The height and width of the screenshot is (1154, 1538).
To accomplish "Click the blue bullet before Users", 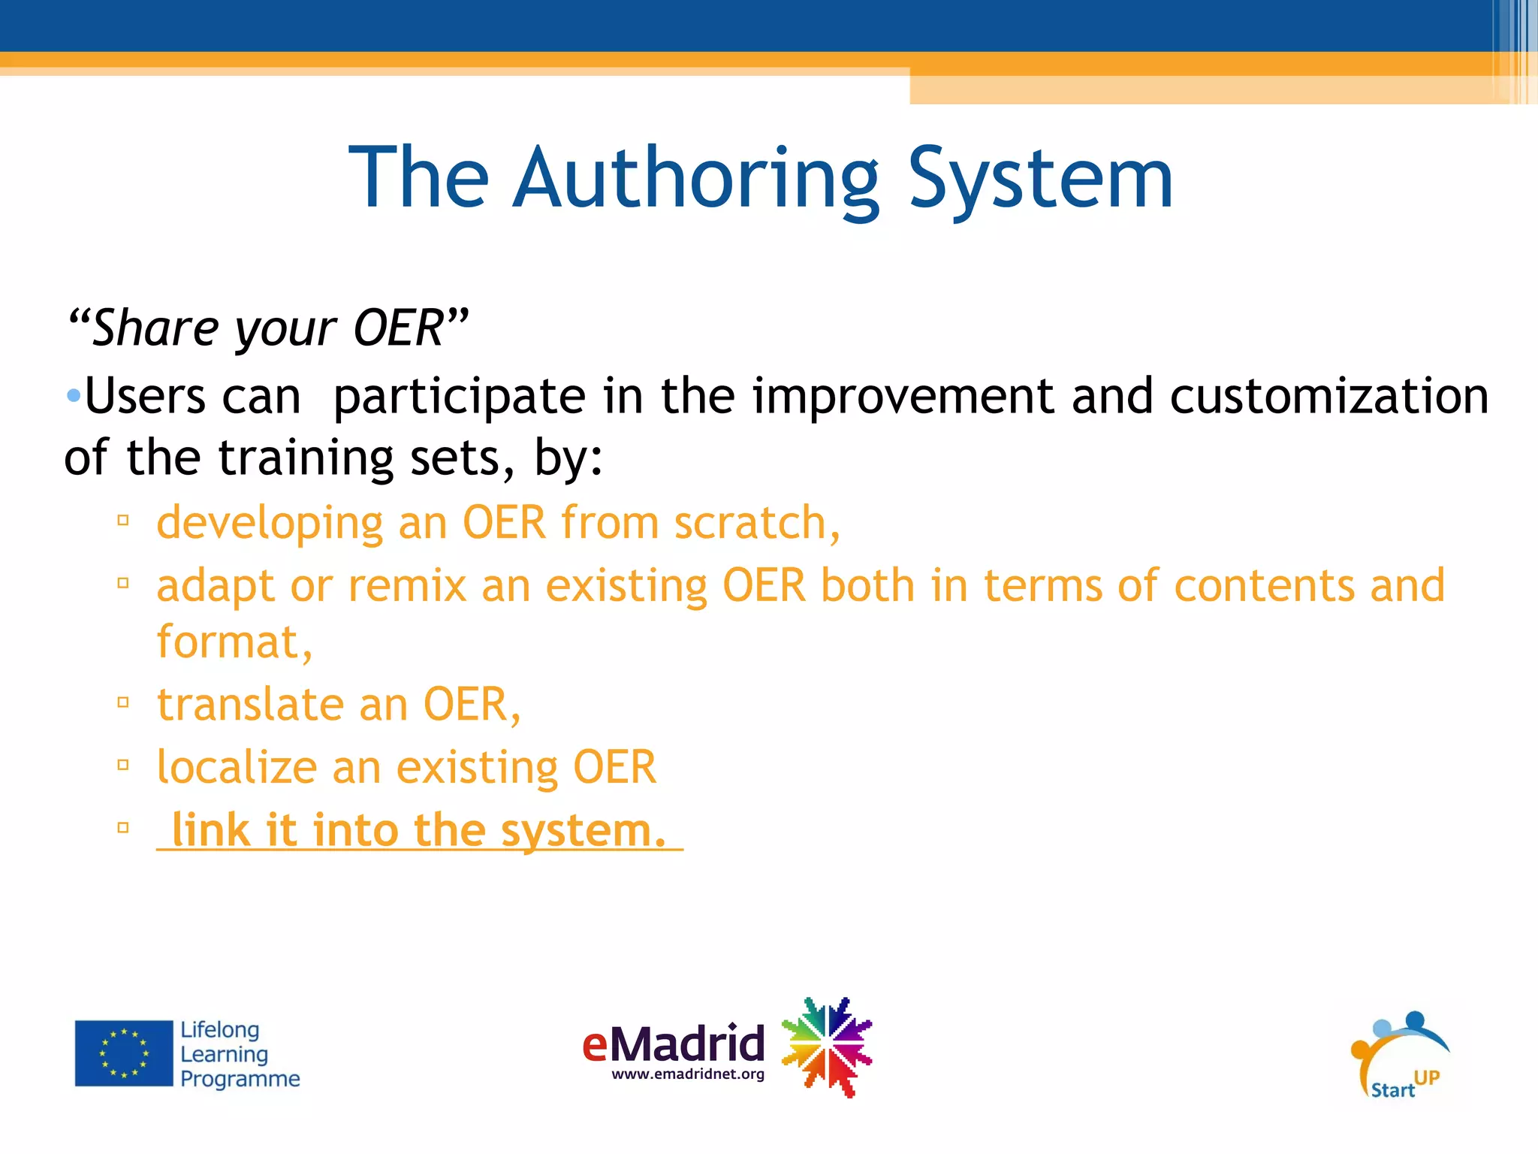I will pyautogui.click(x=73, y=395).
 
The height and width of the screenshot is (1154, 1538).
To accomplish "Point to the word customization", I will pyautogui.click(x=1328, y=396).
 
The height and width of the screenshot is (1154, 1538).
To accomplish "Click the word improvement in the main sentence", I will pyautogui.click(x=903, y=396).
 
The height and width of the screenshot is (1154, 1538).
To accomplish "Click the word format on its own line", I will pyautogui.click(x=225, y=642).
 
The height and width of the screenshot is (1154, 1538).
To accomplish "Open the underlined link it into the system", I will pyautogui.click(x=419, y=830).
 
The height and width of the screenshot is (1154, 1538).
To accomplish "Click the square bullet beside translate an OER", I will pyautogui.click(x=124, y=703).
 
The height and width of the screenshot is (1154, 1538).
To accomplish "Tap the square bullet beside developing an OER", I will pyautogui.click(x=124, y=520).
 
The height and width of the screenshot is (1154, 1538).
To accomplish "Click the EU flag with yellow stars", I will pyautogui.click(x=124, y=1053).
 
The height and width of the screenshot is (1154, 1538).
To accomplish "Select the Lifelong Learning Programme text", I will pyautogui.click(x=239, y=1054).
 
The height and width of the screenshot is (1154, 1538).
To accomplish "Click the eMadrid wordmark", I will pyautogui.click(x=673, y=1043).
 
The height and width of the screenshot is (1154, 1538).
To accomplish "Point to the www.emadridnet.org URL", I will pyautogui.click(x=688, y=1074).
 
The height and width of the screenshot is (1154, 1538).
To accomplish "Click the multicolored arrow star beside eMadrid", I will pyautogui.click(x=826, y=1047).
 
